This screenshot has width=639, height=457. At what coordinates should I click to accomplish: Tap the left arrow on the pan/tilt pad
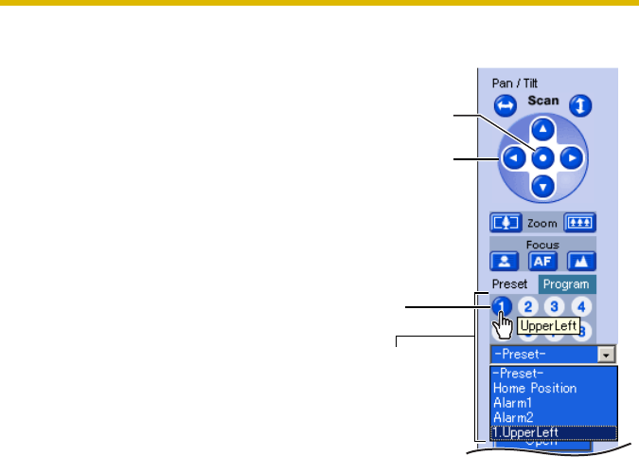click(x=511, y=158)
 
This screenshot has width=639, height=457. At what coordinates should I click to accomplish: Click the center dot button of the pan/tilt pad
click(x=541, y=158)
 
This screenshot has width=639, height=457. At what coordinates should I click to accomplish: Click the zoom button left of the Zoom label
click(x=505, y=223)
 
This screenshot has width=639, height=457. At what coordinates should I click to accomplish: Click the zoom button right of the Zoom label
click(x=579, y=223)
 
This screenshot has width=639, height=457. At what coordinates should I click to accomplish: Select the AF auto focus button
click(x=541, y=260)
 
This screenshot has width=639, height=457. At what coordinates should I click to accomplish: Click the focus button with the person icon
click(x=505, y=260)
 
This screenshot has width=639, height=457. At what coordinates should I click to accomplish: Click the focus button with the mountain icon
click(x=579, y=260)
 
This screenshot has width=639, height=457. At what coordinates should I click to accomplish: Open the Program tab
click(x=567, y=284)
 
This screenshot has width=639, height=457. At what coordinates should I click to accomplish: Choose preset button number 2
click(x=529, y=306)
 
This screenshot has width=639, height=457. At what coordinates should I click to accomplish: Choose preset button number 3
click(x=556, y=306)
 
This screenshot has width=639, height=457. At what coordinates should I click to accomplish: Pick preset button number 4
click(x=582, y=306)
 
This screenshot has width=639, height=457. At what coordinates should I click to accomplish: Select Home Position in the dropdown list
click(x=535, y=388)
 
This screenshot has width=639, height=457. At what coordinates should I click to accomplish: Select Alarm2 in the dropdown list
click(x=514, y=417)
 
